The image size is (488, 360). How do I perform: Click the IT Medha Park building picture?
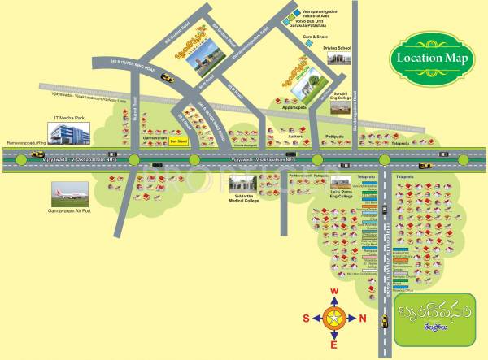click(70, 134)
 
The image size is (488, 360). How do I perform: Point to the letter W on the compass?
click(333, 292)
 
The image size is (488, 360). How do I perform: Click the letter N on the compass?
click(363, 318)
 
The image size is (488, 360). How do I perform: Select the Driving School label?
click(337, 49)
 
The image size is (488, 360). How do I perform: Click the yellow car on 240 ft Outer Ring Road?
click(167, 77)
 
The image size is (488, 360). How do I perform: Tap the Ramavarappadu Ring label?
click(26, 142)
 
